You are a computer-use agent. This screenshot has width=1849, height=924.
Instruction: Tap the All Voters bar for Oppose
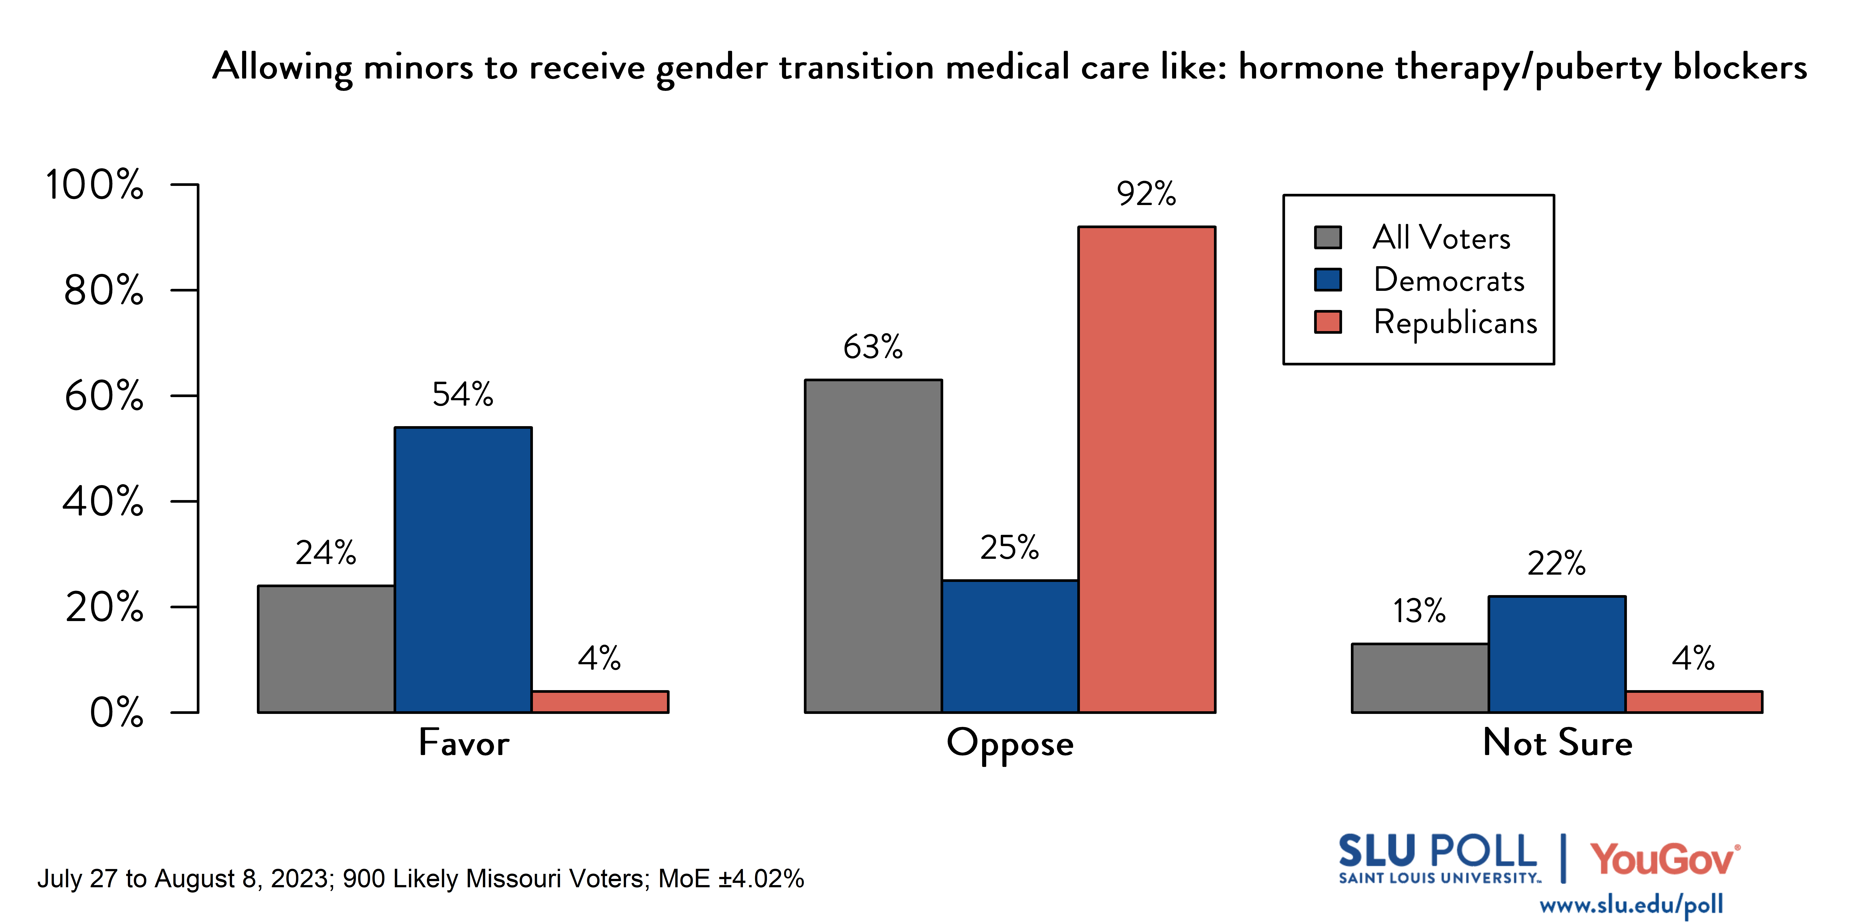click(873, 545)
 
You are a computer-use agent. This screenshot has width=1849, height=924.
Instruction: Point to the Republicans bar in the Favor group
click(600, 702)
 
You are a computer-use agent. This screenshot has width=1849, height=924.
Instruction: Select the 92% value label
click(1146, 194)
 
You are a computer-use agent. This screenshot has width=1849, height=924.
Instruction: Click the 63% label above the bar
click(873, 347)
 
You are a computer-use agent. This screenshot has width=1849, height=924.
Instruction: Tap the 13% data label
click(1419, 611)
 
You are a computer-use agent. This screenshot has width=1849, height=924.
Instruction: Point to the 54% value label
click(463, 394)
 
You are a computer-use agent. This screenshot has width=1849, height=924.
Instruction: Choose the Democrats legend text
click(1448, 280)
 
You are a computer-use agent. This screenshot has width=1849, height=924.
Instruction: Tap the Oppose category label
click(1010, 743)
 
